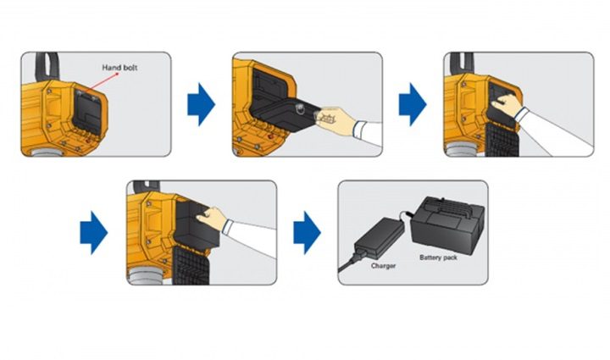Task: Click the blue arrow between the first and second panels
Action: (202, 104)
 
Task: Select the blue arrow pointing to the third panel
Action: (413, 104)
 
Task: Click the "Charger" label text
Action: (383, 265)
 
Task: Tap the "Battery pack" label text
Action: (437, 257)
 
